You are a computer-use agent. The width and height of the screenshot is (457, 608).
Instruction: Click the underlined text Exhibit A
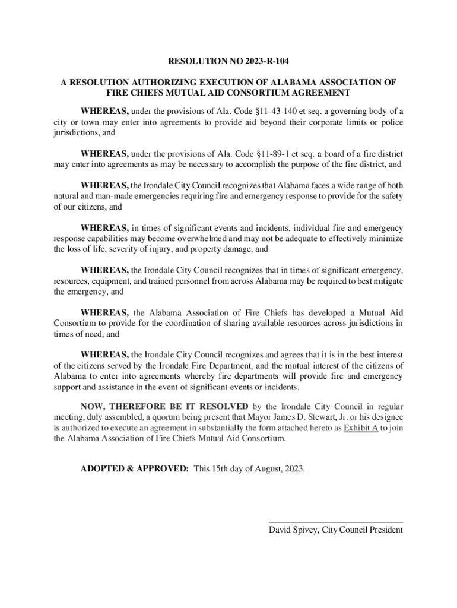tap(361, 428)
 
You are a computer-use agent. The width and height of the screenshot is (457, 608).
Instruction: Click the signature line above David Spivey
tap(336, 521)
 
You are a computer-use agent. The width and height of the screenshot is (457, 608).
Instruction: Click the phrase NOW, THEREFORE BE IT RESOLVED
tap(165, 407)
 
